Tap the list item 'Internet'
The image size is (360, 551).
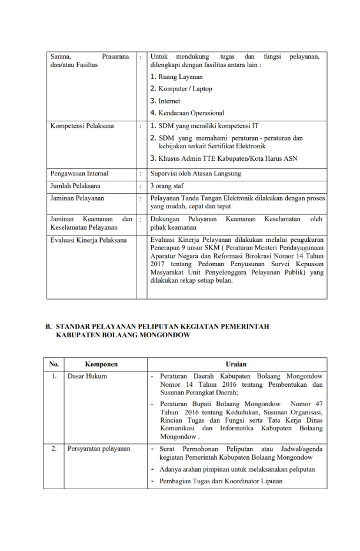pyautogui.click(x=168, y=101)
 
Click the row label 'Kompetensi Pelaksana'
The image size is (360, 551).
pyautogui.click(x=75, y=125)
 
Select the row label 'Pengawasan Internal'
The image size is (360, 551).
pyautogui.click(x=72, y=174)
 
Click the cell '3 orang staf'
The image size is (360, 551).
pyautogui.click(x=168, y=186)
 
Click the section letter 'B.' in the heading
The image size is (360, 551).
pyautogui.click(x=49, y=326)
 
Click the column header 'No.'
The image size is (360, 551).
pyautogui.click(x=54, y=364)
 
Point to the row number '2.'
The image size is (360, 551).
pyautogui.click(x=54, y=449)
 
